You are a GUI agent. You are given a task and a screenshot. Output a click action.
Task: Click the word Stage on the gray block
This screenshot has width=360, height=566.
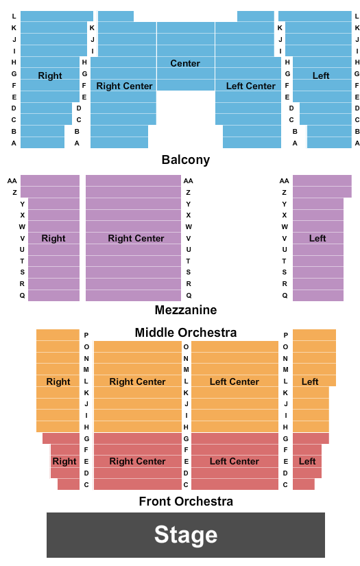[186, 535]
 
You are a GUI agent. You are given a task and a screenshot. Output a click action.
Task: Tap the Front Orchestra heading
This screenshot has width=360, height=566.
[186, 502]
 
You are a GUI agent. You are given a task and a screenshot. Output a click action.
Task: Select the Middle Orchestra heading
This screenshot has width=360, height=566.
[186, 333]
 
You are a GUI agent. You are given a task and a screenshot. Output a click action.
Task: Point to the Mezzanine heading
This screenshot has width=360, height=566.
[186, 310]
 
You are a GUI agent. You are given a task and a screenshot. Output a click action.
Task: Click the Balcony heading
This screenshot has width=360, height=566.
[186, 160]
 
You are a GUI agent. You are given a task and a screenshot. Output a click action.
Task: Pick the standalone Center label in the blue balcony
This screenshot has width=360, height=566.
[185, 63]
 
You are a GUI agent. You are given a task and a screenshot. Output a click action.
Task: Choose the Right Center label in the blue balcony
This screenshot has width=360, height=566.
[124, 86]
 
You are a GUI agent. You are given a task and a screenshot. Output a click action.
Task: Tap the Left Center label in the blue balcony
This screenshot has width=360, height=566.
[251, 86]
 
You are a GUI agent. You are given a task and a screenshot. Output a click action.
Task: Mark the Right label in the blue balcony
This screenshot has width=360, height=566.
[50, 75]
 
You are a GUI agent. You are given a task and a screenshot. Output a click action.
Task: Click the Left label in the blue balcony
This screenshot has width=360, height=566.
[321, 75]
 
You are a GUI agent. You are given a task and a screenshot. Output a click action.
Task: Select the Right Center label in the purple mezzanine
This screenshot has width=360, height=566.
[136, 238]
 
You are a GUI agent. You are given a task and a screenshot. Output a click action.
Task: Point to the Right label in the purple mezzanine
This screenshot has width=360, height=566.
[53, 238]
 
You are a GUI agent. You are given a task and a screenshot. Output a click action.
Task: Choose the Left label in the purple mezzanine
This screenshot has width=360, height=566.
[317, 238]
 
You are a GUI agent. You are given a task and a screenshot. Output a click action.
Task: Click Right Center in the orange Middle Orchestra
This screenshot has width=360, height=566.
[137, 381]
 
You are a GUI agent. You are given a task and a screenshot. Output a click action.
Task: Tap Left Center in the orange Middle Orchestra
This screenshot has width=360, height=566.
[235, 381]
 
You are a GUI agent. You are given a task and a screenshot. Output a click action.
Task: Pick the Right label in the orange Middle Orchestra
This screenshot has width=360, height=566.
[58, 381]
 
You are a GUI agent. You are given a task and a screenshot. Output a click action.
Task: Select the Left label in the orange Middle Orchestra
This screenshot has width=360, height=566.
[310, 381]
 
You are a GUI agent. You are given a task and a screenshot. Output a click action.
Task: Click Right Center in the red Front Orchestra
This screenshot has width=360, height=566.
[137, 461]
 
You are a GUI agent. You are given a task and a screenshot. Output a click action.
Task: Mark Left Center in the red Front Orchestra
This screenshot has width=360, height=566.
[235, 461]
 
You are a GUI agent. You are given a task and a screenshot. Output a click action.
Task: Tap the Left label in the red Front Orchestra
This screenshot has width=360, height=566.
[307, 461]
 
